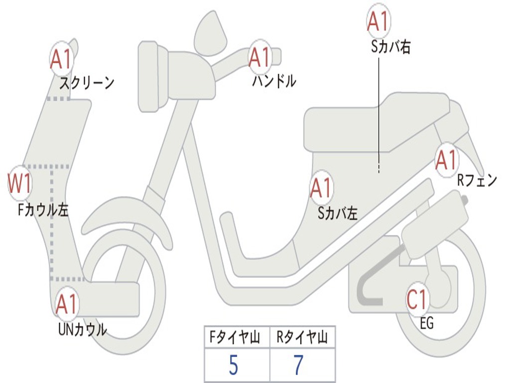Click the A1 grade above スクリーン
62,59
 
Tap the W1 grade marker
20,184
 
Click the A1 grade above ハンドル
259,57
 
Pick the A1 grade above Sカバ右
378,21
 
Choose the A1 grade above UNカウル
66,304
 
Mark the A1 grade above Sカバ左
321,188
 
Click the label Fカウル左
43,210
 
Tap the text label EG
427,324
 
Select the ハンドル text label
274,80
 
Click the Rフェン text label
477,181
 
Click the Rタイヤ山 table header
302,338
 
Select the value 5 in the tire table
233,366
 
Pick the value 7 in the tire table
298,366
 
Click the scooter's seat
379,122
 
